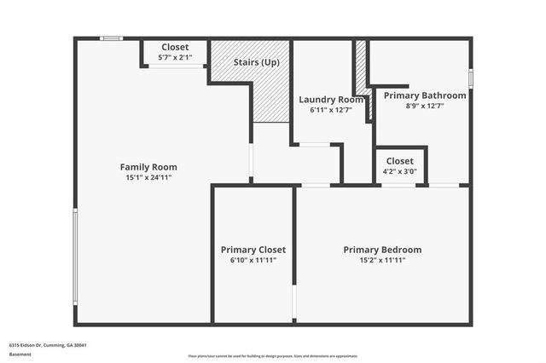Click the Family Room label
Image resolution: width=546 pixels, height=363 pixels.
(148, 167)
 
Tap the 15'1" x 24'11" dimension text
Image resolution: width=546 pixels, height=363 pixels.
(148, 178)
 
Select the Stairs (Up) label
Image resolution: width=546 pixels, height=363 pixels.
(257, 63)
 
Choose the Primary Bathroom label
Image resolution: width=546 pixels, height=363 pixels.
(425, 95)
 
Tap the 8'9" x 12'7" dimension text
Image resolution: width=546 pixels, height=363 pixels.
(425, 107)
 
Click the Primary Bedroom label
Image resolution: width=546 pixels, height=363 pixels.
(382, 250)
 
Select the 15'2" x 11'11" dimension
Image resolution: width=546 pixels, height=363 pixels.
(382, 261)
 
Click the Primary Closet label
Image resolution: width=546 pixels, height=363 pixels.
(253, 250)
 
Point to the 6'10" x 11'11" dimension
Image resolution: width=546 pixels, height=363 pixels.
(253, 261)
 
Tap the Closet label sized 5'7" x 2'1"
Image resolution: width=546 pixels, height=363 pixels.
(175, 47)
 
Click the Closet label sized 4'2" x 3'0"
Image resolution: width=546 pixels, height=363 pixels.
(399, 161)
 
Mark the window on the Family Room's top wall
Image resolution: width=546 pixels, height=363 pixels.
(111, 38)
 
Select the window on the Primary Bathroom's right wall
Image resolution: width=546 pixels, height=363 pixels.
(470, 78)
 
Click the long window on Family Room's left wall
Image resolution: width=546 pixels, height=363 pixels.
(75, 256)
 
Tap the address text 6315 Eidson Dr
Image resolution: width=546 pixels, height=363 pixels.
(48, 345)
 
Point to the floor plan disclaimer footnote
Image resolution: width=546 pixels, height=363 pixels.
(273, 356)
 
